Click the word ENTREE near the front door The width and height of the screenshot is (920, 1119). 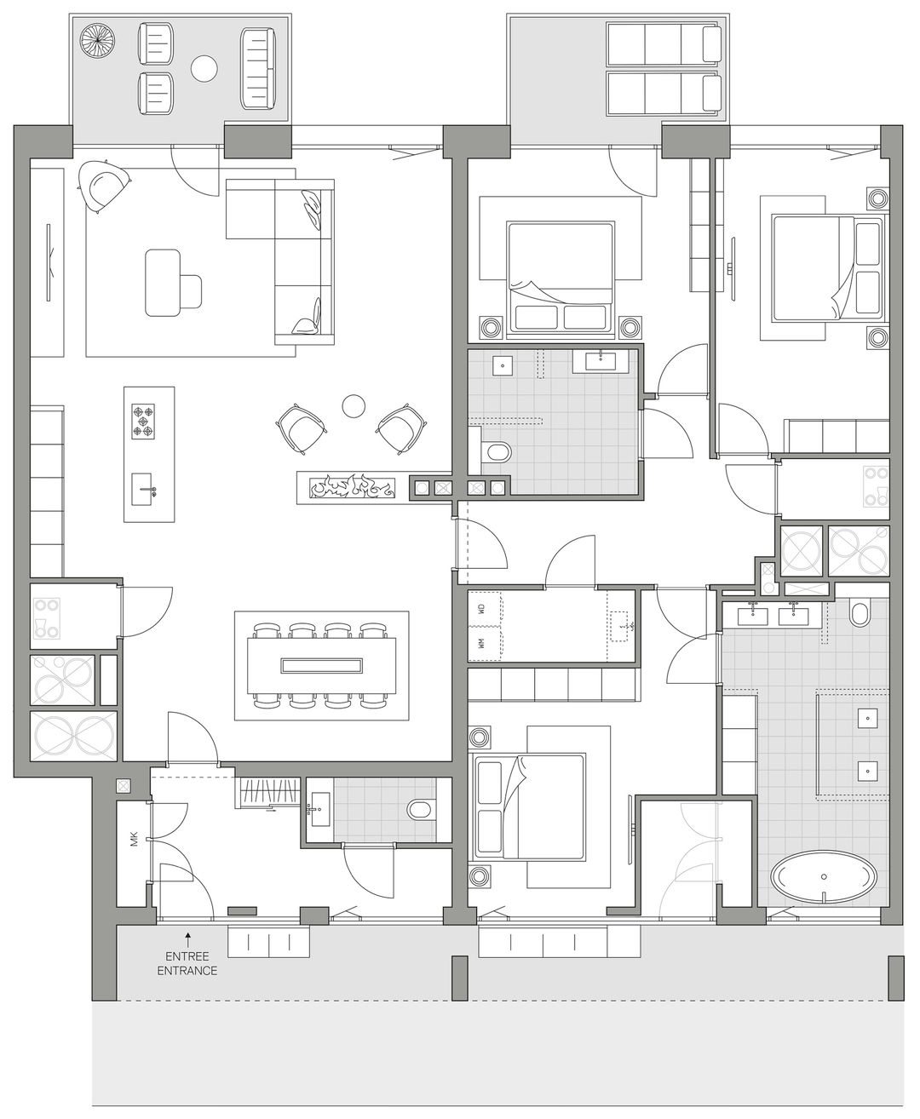tap(187, 956)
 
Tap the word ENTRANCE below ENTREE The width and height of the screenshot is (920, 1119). tap(187, 970)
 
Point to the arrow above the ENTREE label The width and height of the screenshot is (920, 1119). tap(187, 938)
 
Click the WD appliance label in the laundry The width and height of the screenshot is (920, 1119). tap(481, 610)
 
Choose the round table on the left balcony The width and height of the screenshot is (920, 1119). tap(204, 68)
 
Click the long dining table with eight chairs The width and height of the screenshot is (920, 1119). tap(322, 665)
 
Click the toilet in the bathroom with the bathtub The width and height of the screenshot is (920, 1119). tap(859, 612)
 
